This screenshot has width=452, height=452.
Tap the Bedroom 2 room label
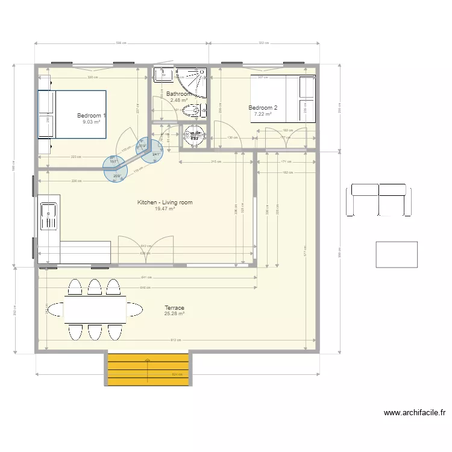(x=263, y=108)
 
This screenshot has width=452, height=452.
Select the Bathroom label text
(x=178, y=94)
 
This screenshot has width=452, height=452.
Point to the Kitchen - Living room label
(x=165, y=202)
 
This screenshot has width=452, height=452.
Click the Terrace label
(x=174, y=308)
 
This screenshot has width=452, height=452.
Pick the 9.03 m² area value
(x=91, y=121)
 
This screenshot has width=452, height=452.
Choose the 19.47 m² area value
(x=165, y=209)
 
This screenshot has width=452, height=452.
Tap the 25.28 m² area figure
(x=174, y=313)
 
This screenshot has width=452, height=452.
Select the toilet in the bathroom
(x=192, y=111)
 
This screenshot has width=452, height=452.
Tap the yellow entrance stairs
(x=148, y=369)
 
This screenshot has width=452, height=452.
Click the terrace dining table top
(x=95, y=310)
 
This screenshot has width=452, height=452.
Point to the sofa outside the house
(x=378, y=200)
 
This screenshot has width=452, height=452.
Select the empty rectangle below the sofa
(x=396, y=254)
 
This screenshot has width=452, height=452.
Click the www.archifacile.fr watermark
(x=415, y=413)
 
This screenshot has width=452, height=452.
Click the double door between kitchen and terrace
(x=146, y=252)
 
